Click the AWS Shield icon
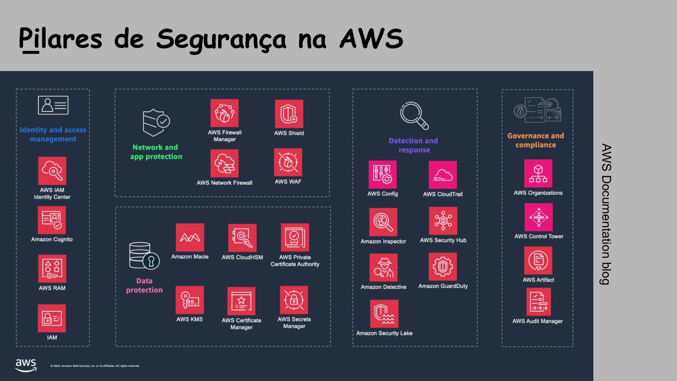pyautogui.click(x=289, y=114)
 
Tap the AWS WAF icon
pyautogui.click(x=288, y=162)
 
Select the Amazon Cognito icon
pyautogui.click(x=52, y=220)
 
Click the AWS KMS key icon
pyautogui.click(x=190, y=300)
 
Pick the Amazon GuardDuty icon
pyautogui.click(x=443, y=267)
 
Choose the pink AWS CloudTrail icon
pyautogui.click(x=443, y=175)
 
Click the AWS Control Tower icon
pyautogui.click(x=539, y=217)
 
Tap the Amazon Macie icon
pyautogui.click(x=190, y=238)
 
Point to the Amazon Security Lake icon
pyautogui.click(x=384, y=314)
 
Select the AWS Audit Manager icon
pyautogui.click(x=539, y=302)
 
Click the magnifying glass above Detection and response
pyautogui.click(x=414, y=116)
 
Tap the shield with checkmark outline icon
pyautogui.click(x=156, y=122)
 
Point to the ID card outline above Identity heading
pyautogui.click(x=53, y=105)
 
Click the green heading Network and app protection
pyautogui.click(x=156, y=152)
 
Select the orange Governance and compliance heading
pyautogui.click(x=535, y=140)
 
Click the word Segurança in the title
pyautogui.click(x=221, y=40)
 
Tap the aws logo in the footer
pyautogui.click(x=26, y=365)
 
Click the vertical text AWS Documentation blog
pyautogui.click(x=606, y=214)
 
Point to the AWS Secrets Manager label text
pyautogui.click(x=294, y=323)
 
